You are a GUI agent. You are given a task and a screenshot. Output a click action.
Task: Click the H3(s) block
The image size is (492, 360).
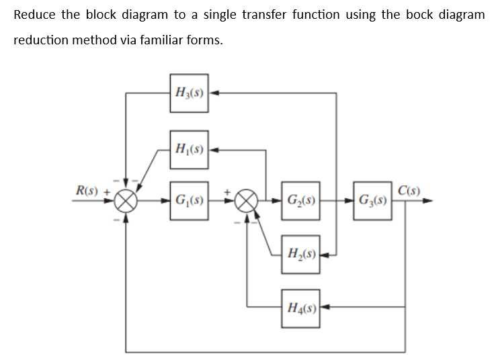click(190, 92)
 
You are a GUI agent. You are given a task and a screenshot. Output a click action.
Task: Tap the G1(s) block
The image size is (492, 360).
click(190, 200)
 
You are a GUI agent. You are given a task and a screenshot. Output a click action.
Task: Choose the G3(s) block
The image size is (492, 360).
click(372, 200)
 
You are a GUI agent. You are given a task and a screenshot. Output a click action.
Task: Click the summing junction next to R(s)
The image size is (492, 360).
click(126, 200)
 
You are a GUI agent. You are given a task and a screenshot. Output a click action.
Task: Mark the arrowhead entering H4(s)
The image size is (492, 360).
click(325, 308)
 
